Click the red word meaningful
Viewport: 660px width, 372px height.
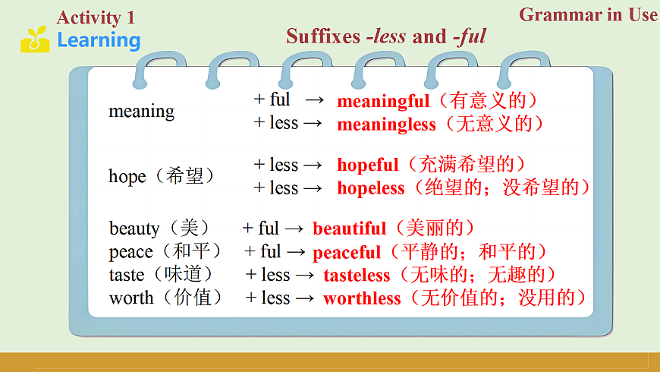coord(383,101)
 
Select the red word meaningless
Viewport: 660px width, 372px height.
coord(386,124)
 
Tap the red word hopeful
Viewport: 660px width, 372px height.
coord(367,166)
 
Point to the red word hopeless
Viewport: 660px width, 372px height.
coord(370,188)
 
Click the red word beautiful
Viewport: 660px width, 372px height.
coord(350,229)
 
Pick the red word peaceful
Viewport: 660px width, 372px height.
coord(347,252)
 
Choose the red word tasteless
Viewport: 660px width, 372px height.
coord(357,275)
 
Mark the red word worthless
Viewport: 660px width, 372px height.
coord(361,298)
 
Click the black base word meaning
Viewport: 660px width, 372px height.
coord(141,112)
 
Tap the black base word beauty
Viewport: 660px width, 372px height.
coord(134,229)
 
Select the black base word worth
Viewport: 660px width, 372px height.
coord(131,298)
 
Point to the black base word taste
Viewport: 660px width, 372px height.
coord(127,275)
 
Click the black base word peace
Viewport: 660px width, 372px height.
coord(131,252)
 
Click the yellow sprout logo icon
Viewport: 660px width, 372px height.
coord(35,39)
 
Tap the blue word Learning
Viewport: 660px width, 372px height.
coord(99,40)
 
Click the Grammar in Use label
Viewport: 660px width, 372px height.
coord(588,14)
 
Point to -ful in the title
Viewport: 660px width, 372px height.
coord(470,36)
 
